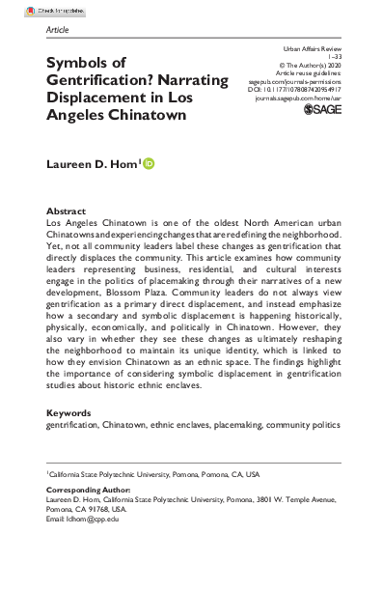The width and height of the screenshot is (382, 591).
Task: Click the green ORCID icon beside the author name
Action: (x=150, y=166)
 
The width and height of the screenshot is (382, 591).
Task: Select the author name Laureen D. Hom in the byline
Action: (x=92, y=166)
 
